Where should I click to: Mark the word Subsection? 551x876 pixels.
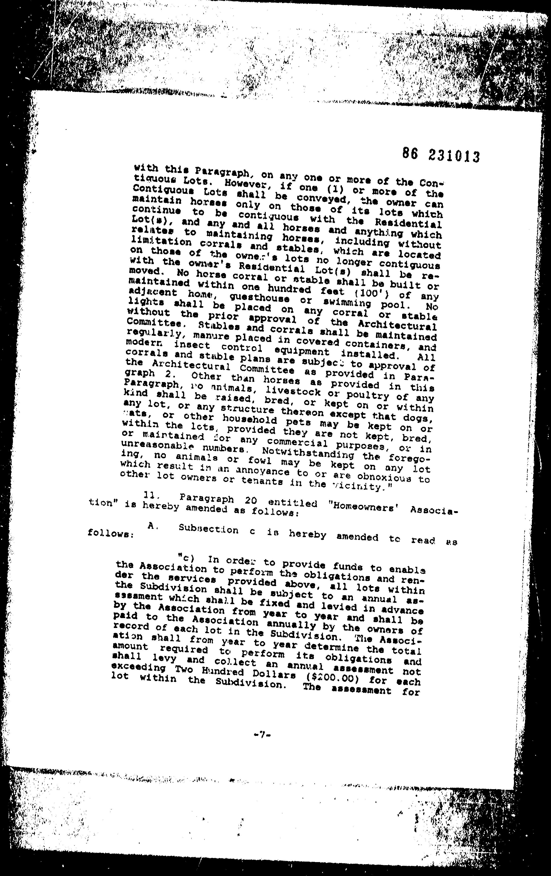209,529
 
